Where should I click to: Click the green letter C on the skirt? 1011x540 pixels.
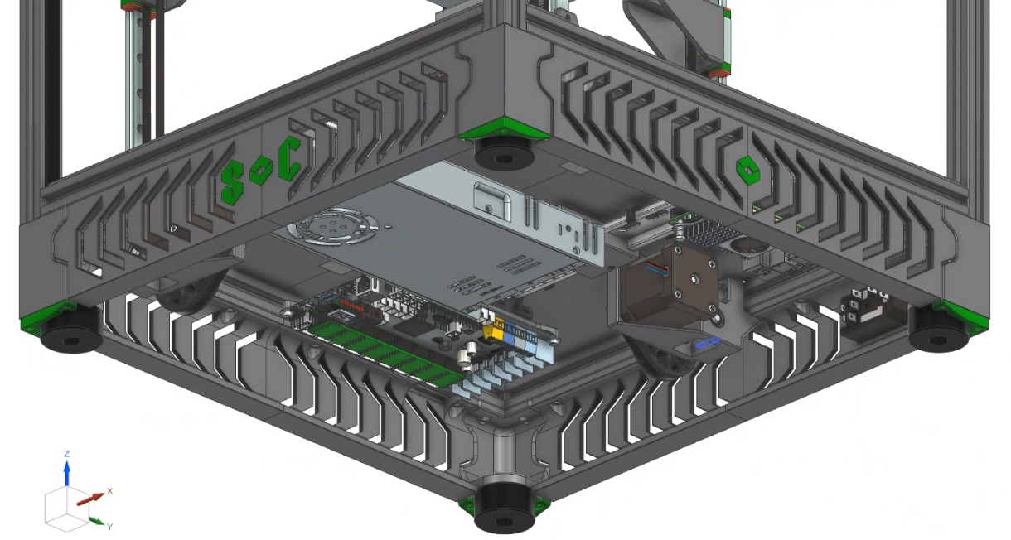[290, 158]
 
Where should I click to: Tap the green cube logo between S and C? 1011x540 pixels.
[261, 171]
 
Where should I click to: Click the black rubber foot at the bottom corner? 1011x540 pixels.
[504, 509]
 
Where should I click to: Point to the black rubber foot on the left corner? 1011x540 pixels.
[71, 330]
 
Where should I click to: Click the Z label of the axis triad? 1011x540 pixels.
[67, 453]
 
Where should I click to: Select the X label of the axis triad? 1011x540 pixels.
[109, 491]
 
